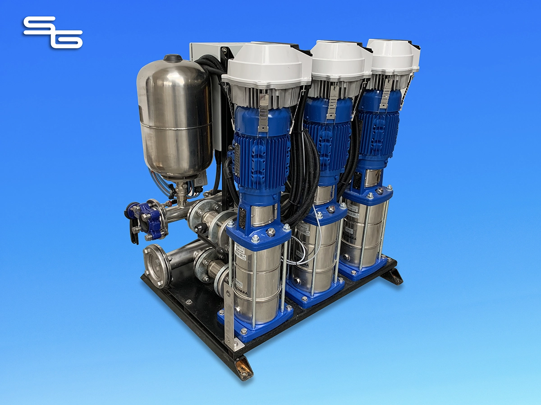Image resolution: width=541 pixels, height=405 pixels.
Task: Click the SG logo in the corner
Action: pyautogui.click(x=53, y=32)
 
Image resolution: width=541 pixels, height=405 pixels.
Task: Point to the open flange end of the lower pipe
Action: pyautogui.click(x=156, y=265)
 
